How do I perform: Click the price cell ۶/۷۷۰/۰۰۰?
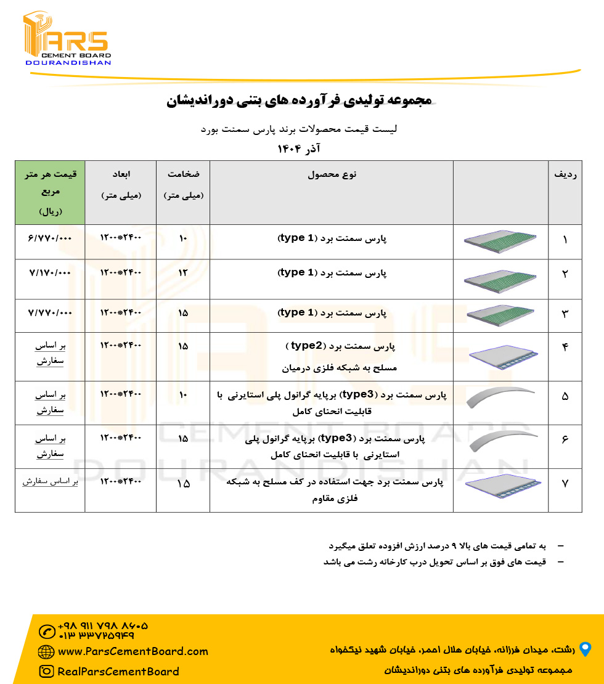pyautogui.click(x=49, y=237)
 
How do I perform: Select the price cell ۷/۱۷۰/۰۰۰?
pyautogui.click(x=49, y=272)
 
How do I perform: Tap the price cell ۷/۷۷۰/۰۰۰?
pyautogui.click(x=49, y=312)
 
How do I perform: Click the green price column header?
pyautogui.click(x=50, y=192)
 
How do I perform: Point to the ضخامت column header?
pyautogui.click(x=183, y=185)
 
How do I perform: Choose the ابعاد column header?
pyautogui.click(x=121, y=185)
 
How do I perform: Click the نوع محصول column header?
pyautogui.click(x=332, y=175)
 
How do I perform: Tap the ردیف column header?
pyautogui.click(x=565, y=175)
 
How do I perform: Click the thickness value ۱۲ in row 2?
pyautogui.click(x=183, y=272)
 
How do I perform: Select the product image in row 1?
pyautogui.click(x=500, y=242)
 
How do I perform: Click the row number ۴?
pyautogui.click(x=565, y=347)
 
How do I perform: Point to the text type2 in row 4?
pyautogui.click(x=306, y=346)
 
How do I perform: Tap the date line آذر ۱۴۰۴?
pyautogui.click(x=298, y=149)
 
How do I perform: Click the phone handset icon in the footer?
pyautogui.click(x=46, y=632)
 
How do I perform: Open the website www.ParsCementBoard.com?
pyautogui.click(x=133, y=651)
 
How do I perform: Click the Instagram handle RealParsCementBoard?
pyautogui.click(x=118, y=672)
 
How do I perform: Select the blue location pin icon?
pyautogui.click(x=585, y=649)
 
